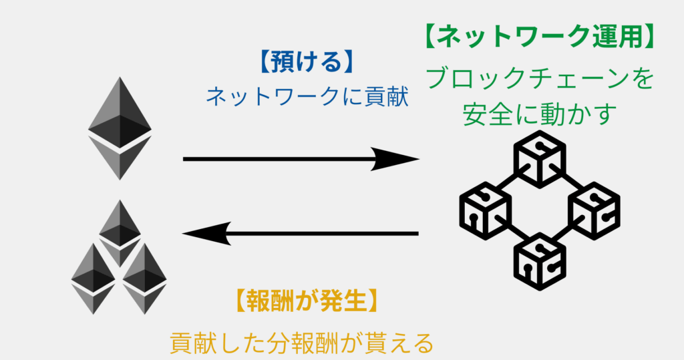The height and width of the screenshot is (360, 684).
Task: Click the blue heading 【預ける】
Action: click(x=304, y=63)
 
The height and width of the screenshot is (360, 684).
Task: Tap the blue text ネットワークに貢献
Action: click(x=307, y=98)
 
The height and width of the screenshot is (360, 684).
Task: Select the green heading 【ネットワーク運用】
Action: click(x=538, y=37)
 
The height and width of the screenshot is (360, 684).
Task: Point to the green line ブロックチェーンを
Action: click(x=538, y=80)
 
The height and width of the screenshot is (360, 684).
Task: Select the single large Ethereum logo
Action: click(x=120, y=127)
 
